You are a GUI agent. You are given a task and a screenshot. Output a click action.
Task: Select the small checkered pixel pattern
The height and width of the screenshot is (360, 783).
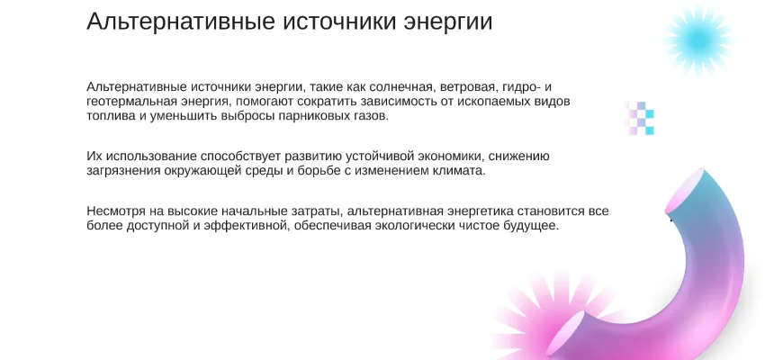click(639, 118)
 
